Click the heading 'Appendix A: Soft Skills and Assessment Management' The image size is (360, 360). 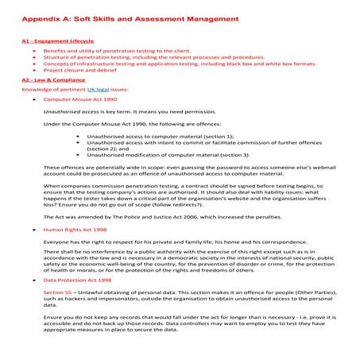click(x=130, y=17)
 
